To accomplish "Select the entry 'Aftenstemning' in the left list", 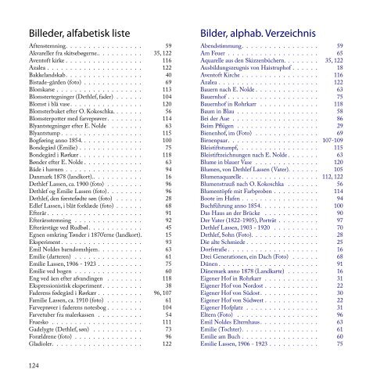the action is pyautogui.click(x=50, y=46).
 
